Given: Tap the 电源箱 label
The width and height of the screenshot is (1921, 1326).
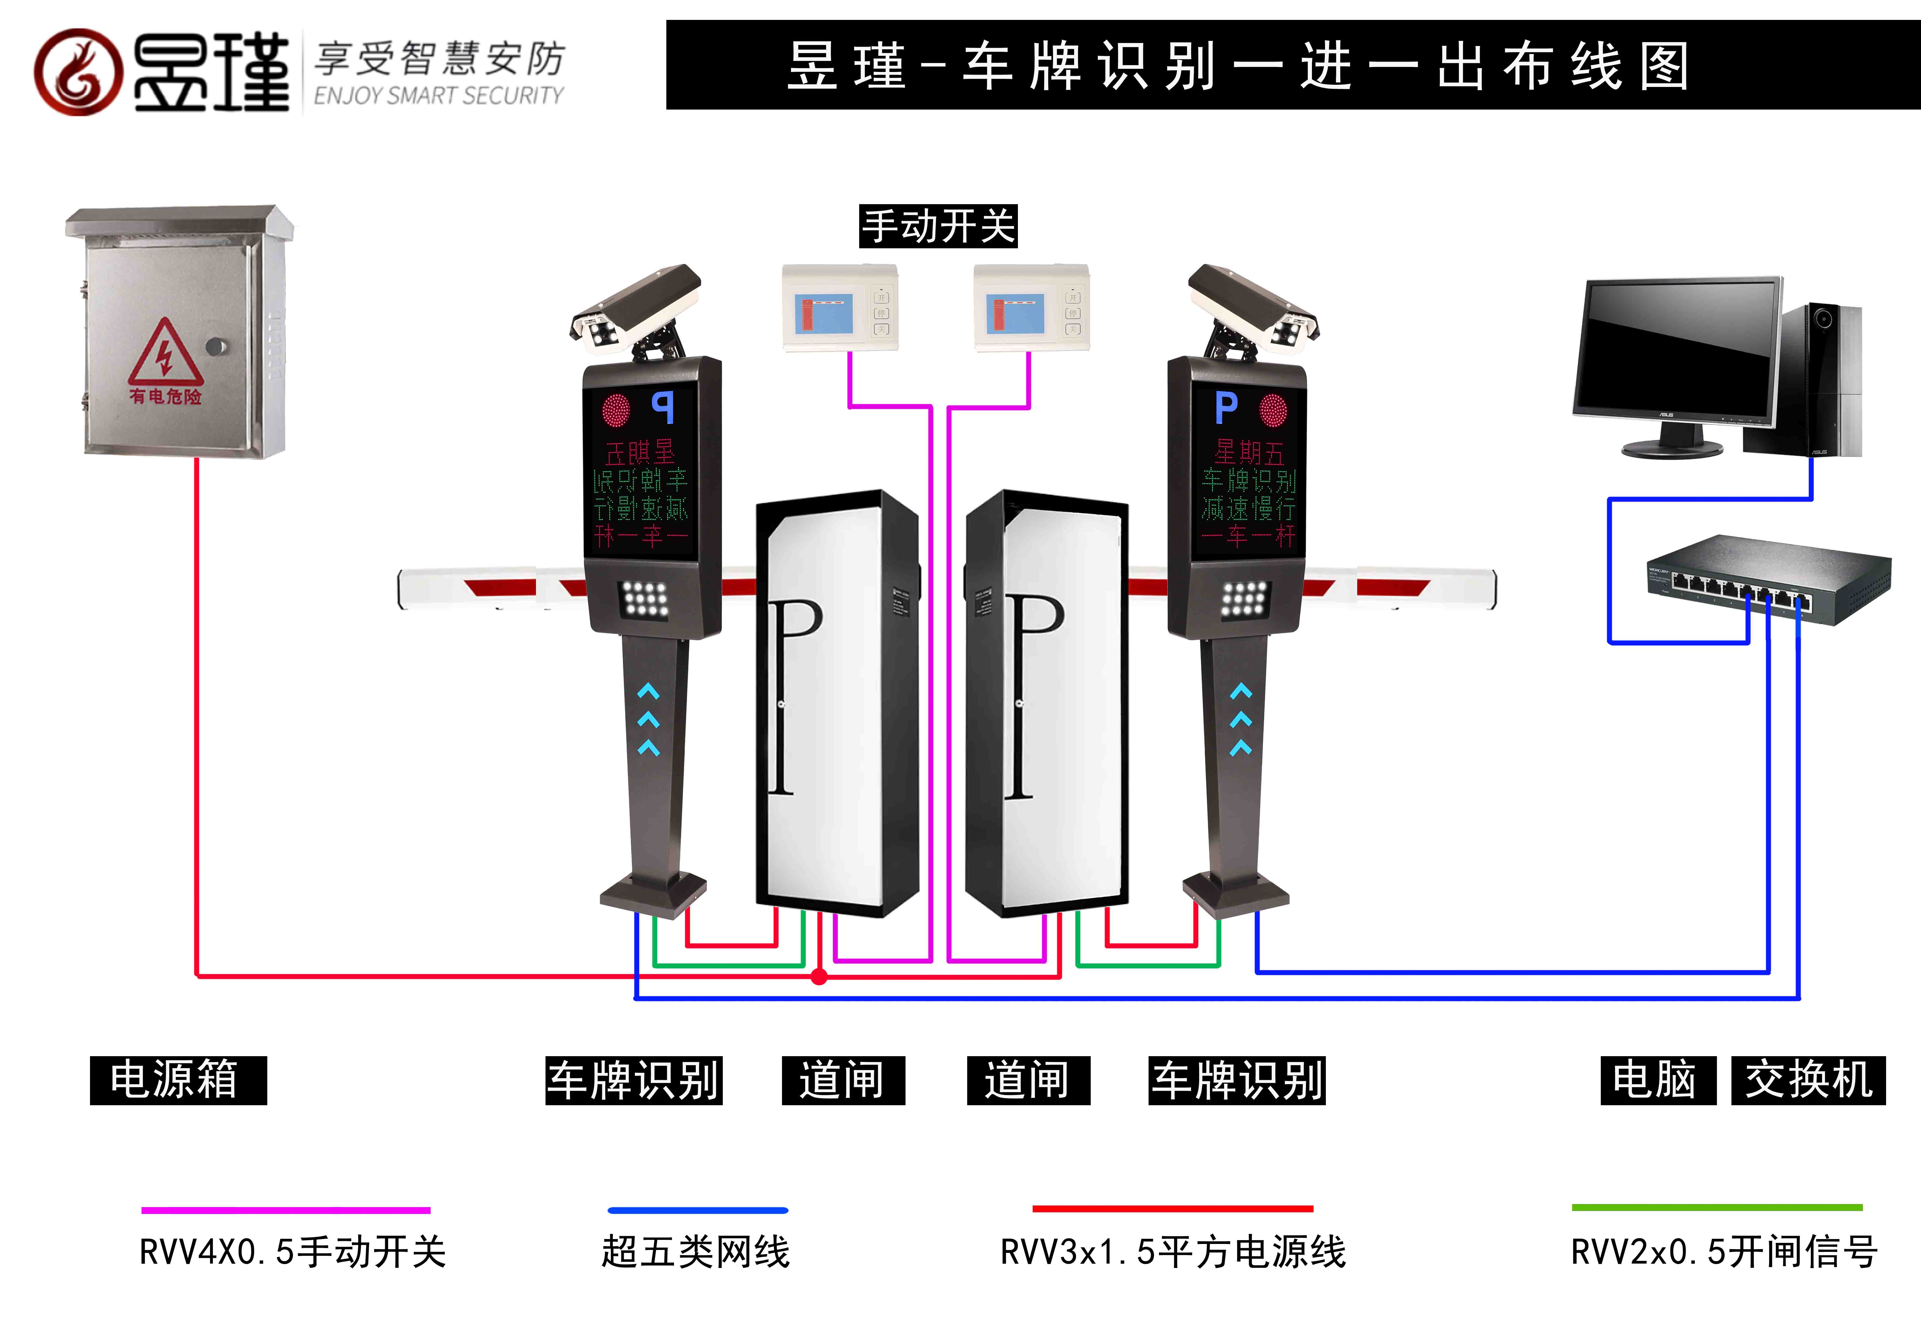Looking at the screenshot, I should point(178,1080).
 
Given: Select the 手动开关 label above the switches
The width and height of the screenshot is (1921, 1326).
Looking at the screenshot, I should point(938,226).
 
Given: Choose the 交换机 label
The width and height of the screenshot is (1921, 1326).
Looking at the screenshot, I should point(1808,1080).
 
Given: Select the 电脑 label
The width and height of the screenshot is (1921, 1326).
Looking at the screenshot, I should point(1658,1080).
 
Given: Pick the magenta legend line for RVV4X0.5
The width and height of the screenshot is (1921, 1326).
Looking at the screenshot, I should point(285,1210).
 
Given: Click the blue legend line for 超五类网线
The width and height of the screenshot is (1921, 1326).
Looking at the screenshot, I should point(697,1210).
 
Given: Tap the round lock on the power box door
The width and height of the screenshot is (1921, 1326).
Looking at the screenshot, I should point(216,346).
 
